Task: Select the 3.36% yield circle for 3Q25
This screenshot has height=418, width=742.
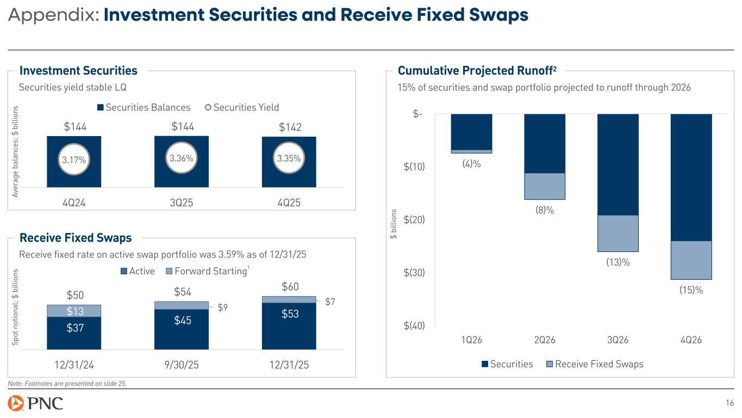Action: pos(182,159)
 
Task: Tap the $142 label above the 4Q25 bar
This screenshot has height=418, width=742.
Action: pos(290,127)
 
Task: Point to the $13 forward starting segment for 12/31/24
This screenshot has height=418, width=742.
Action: pos(74,311)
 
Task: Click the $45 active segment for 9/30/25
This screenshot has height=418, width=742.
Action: pos(182,321)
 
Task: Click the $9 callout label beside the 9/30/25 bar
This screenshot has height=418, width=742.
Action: pos(222,308)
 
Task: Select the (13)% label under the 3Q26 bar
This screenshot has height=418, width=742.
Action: pos(618,262)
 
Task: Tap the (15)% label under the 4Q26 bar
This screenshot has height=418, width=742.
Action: pos(691,290)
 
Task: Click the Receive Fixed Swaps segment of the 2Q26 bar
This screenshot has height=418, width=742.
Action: pos(545,186)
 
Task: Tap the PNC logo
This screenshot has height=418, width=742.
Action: pos(36,403)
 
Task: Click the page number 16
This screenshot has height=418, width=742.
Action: pos(730,403)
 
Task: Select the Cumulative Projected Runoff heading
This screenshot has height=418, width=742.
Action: pos(477,71)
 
